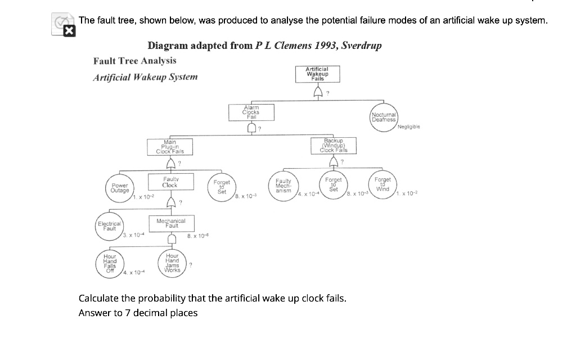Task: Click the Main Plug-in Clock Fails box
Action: click(169, 147)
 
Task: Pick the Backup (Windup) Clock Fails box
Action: click(334, 145)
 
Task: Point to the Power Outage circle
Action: click(119, 187)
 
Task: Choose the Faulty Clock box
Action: click(169, 182)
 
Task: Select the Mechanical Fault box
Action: click(171, 223)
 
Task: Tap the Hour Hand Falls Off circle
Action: click(110, 263)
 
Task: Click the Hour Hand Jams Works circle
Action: click(172, 263)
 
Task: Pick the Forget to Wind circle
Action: click(383, 184)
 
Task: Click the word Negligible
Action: click(408, 127)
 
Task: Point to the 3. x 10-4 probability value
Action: click(133, 235)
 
